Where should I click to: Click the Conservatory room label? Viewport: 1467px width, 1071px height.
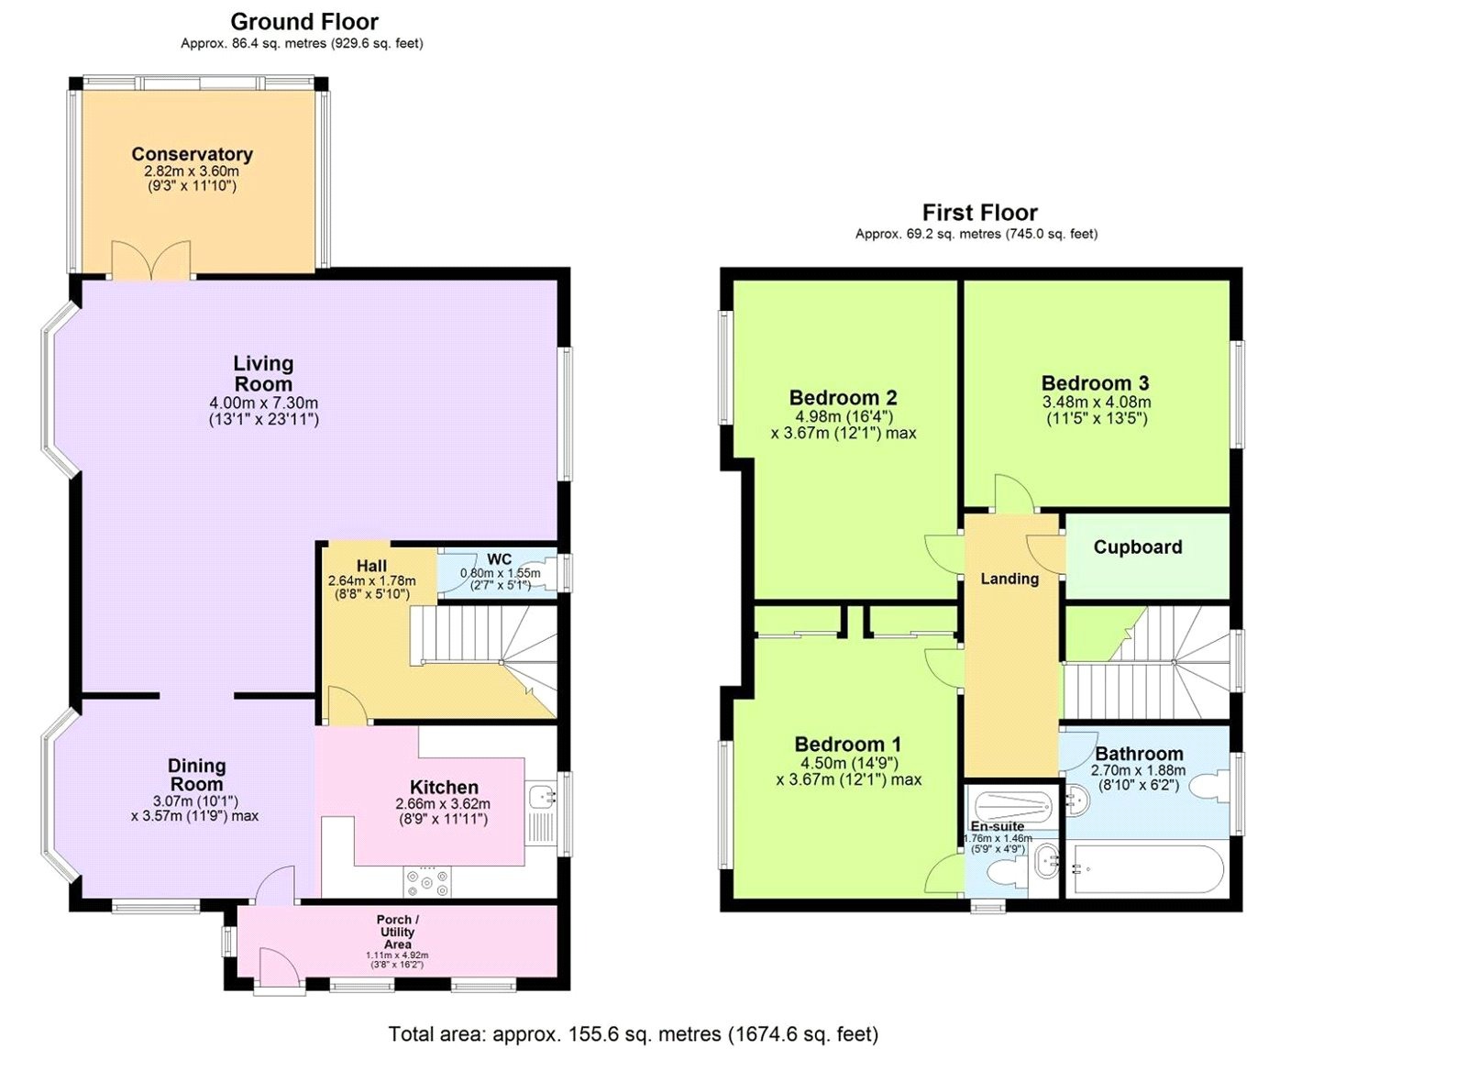[192, 155]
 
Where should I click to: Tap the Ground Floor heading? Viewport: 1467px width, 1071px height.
[304, 22]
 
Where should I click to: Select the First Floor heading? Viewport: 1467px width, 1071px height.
[980, 213]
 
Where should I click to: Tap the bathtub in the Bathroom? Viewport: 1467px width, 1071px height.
[1145, 870]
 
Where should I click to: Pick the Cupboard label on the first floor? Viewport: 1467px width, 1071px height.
[1138, 547]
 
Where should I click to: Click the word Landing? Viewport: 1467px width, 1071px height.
[1009, 580]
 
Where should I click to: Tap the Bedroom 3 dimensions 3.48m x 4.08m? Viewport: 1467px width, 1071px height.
[1097, 403]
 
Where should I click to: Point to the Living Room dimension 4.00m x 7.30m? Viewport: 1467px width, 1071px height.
[263, 403]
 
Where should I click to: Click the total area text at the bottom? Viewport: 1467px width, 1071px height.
[634, 1034]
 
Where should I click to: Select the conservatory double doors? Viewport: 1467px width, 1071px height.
[151, 260]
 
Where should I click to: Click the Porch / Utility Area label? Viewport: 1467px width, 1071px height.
[397, 932]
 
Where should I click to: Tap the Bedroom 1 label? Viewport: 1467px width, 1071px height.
[847, 745]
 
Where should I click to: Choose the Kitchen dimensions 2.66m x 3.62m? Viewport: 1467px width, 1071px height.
[444, 804]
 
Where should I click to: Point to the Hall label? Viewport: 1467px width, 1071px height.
[371, 566]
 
